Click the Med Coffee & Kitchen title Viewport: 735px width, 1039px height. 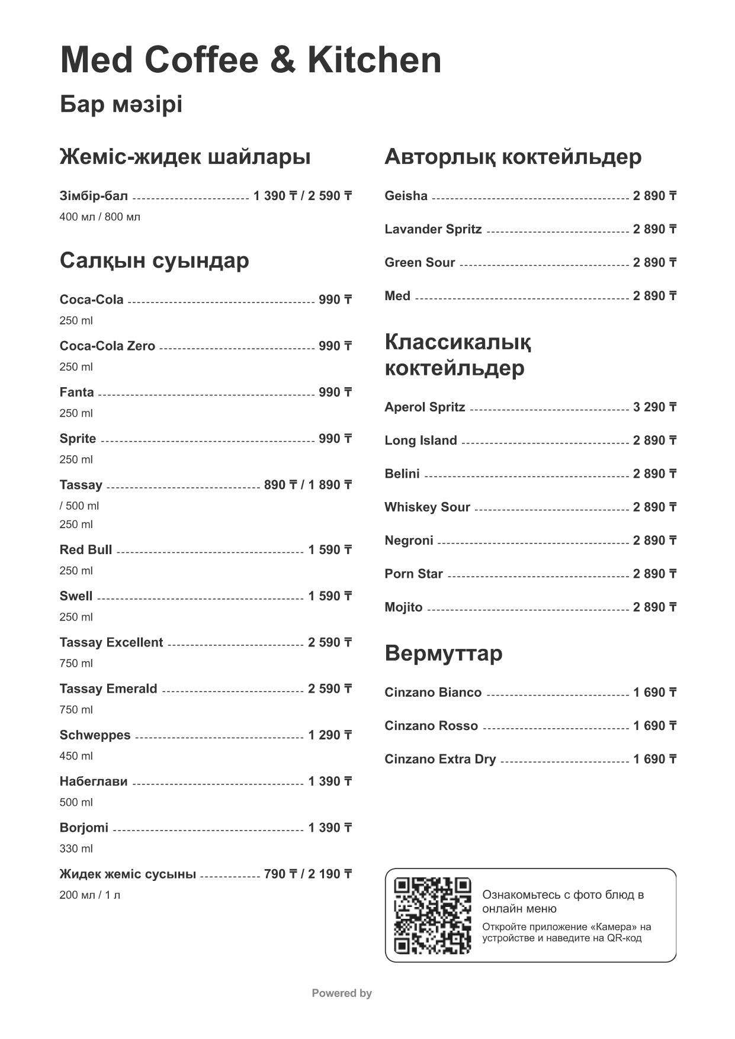(251, 60)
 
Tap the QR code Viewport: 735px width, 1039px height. (432, 915)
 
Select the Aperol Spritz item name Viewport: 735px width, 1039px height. (425, 407)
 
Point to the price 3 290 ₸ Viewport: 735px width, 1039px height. (654, 407)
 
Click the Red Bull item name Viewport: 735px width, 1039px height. (86, 550)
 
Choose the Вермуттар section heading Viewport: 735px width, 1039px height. (443, 653)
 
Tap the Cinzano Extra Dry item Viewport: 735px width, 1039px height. (440, 760)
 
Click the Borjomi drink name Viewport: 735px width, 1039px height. (84, 828)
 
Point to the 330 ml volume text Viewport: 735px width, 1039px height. (76, 848)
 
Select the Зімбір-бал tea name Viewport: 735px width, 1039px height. (94, 196)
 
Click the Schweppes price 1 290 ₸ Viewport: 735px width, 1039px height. (330, 735)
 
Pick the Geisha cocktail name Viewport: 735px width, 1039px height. (406, 196)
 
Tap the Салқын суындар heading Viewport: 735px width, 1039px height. (154, 260)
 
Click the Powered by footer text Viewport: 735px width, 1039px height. (342, 993)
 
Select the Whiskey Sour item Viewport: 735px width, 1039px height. (427, 507)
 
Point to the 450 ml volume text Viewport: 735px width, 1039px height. (76, 756)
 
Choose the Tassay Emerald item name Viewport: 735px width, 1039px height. (108, 689)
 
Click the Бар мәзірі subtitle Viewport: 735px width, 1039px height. (121, 105)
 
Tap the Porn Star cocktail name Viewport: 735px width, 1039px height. (413, 574)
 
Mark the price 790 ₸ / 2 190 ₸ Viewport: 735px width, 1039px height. (307, 874)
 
